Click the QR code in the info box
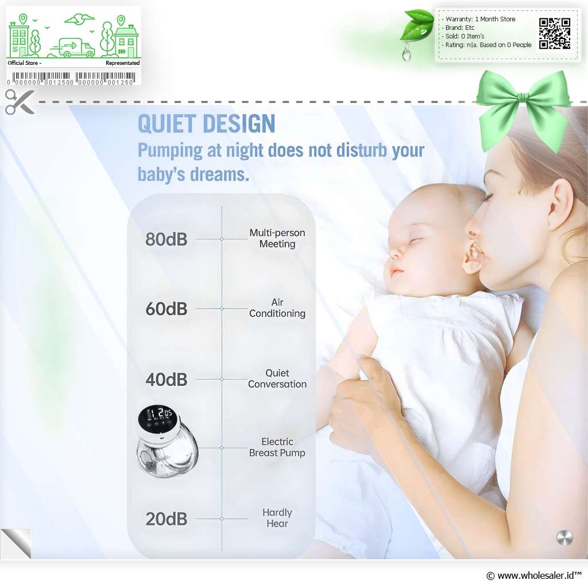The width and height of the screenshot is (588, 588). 555,33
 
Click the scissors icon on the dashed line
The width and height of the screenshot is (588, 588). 20,102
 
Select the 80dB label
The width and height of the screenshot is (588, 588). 166,239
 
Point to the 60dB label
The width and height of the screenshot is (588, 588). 166,308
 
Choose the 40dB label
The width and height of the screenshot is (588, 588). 166,379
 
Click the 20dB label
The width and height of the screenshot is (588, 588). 166,519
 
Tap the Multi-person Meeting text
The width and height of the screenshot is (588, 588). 277,238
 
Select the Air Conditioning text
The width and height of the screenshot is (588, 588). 277,308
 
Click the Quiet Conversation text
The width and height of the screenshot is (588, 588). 277,378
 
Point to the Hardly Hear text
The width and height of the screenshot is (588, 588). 277,518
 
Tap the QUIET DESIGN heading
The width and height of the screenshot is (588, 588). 206,123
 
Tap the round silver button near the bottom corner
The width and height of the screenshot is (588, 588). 564,537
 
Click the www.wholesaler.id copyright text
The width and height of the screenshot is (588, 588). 533,575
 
